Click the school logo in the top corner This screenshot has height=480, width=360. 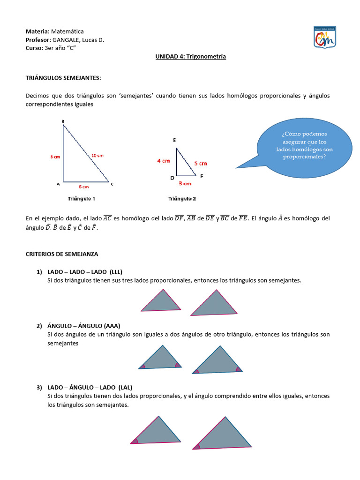pyautogui.click(x=324, y=37)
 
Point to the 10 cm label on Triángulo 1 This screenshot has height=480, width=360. pyautogui.click(x=97, y=155)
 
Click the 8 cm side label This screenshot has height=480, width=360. pyautogui.click(x=55, y=157)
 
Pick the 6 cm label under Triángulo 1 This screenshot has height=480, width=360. pyautogui.click(x=84, y=187)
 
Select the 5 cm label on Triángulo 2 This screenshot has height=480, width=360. pyautogui.click(x=200, y=164)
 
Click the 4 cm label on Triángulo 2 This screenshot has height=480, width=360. pyautogui.click(x=164, y=161)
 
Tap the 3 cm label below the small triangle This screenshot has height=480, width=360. pyautogui.click(x=185, y=184)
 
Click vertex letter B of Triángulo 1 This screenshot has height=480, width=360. pyautogui.click(x=63, y=122)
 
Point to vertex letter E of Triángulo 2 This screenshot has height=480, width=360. pyautogui.click(x=174, y=140)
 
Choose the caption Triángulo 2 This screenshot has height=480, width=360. pyautogui.click(x=182, y=199)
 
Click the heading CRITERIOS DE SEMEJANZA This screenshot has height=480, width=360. pyautogui.click(x=61, y=254)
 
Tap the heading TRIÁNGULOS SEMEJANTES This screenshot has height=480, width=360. pyautogui.click(x=63, y=78)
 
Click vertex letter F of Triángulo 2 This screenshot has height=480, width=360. pyautogui.click(x=202, y=176)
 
